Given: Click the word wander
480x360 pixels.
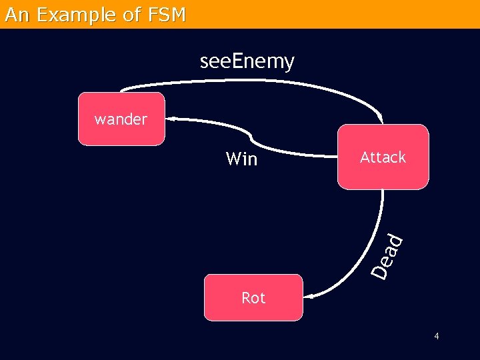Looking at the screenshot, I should pyautogui.click(x=121, y=119).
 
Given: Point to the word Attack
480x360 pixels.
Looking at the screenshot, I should pyautogui.click(x=383, y=157).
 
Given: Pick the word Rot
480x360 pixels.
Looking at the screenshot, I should pyautogui.click(x=253, y=298).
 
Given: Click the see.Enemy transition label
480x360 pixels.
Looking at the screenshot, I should pyautogui.click(x=247, y=62).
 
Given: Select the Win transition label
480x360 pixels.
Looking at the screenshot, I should pyautogui.click(x=241, y=159).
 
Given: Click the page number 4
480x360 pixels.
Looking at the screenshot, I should pyautogui.click(x=437, y=336).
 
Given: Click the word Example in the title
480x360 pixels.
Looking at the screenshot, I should pyautogui.click(x=79, y=15).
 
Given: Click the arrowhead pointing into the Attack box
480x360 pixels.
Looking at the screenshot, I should pyautogui.click(x=381, y=120).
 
